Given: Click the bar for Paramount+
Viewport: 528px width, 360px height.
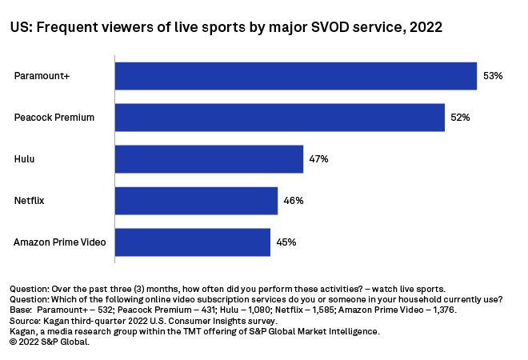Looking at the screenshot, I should [296, 76].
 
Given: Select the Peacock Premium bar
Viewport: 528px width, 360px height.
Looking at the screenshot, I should [280, 118].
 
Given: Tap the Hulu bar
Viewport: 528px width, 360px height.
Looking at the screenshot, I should [209, 159].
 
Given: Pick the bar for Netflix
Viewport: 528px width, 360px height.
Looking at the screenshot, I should [196, 201].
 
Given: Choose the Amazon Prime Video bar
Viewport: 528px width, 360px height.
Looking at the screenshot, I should [193, 242].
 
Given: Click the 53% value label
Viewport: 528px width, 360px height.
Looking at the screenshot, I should [492, 76].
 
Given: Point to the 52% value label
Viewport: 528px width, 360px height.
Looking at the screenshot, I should [460, 118].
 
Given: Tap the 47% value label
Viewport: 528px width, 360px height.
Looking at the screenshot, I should [318, 159].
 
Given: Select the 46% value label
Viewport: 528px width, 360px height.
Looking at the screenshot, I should [293, 201].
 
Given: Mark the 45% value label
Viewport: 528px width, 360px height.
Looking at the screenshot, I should [286, 242].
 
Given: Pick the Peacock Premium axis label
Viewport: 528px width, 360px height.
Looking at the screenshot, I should [54, 118].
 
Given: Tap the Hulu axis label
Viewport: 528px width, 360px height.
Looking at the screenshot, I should [25, 159].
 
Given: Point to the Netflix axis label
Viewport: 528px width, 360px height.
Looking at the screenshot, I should [30, 201].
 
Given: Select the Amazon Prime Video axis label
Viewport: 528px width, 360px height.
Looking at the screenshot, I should [60, 242].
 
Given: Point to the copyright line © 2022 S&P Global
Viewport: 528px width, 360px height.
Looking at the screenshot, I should [50, 341].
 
